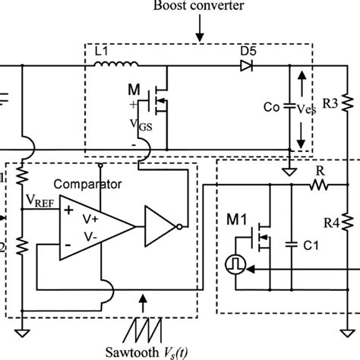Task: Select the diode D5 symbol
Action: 245,66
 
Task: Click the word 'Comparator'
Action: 96,184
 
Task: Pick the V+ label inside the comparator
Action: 91,215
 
